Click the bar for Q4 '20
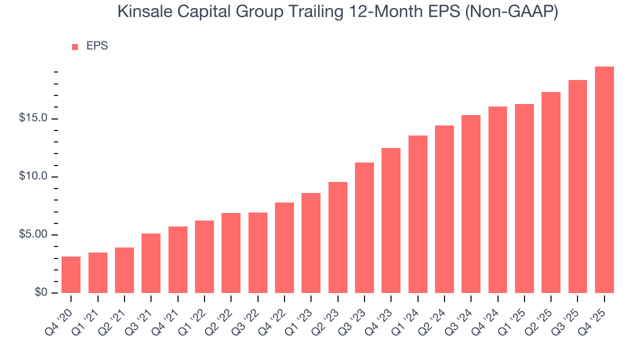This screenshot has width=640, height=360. tap(71, 274)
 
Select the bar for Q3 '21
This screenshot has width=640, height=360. tap(151, 263)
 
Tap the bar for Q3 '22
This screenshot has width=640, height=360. tap(257, 252)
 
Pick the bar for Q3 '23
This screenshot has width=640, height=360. tap(364, 227)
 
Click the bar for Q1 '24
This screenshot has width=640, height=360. tap(417, 214)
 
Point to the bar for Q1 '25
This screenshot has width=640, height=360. tap(524, 198)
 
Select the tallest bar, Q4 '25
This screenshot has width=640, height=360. tap(604, 179)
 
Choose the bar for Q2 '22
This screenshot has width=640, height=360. tap(231, 253)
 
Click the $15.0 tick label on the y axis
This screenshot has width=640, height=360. tap(33, 118)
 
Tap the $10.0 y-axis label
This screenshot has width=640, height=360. tap(33, 176)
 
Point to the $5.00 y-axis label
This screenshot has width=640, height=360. tap(33, 235)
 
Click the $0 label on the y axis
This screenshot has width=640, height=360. tap(40, 293)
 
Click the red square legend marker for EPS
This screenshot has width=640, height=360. tap(75, 46)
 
